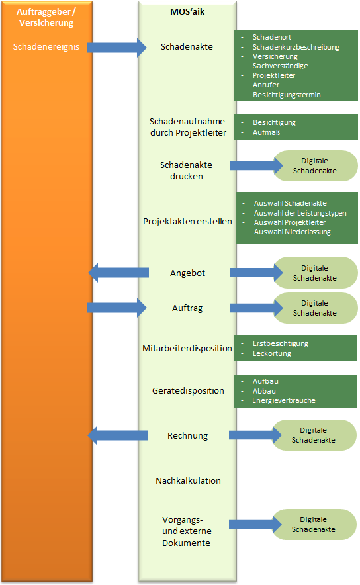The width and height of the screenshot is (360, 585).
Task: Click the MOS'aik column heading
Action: (x=187, y=11)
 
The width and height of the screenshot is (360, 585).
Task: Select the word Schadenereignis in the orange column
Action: (x=46, y=46)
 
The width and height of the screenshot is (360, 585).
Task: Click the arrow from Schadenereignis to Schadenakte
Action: (x=116, y=48)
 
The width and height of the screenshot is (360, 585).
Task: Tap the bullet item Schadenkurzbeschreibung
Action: (x=296, y=47)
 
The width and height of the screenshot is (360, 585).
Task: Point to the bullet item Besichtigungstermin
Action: (x=287, y=95)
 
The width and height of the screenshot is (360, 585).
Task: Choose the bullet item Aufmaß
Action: (x=267, y=132)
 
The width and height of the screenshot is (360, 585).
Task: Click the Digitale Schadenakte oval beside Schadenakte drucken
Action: (x=316, y=165)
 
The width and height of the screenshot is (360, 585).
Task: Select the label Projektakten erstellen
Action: (x=188, y=221)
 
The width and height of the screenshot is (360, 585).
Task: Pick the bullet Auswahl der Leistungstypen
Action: (x=300, y=213)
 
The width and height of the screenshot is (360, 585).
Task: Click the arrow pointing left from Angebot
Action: (x=118, y=273)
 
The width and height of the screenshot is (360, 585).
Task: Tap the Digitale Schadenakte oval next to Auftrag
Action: (x=316, y=308)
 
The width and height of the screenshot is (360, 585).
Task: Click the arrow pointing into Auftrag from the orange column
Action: (x=116, y=308)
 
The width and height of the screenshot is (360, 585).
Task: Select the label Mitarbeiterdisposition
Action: (x=187, y=348)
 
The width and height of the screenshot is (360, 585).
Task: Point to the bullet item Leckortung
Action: (x=271, y=353)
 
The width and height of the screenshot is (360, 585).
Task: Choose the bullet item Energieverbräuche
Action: (x=284, y=400)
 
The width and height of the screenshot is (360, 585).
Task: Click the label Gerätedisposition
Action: (x=188, y=390)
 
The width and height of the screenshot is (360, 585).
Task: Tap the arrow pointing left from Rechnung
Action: (x=118, y=435)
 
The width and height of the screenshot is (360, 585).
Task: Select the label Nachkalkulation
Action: (x=189, y=480)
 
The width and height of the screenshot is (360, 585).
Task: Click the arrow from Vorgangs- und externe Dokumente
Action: (x=255, y=525)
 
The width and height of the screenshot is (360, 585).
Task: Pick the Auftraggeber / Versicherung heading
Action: (x=46, y=17)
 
